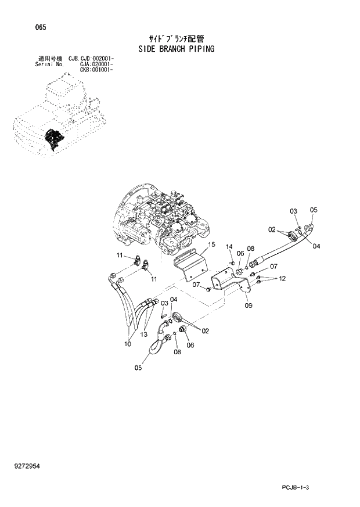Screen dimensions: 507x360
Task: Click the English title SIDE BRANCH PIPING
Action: [177, 49]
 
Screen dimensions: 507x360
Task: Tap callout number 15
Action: [213, 244]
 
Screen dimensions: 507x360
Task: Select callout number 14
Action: [229, 246]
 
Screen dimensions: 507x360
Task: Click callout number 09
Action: [249, 305]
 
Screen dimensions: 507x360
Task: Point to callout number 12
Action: [282, 279]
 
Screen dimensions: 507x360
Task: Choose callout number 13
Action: [143, 335]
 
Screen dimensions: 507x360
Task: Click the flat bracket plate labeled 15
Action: [192, 264]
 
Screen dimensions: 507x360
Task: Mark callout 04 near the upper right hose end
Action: [316, 246]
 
